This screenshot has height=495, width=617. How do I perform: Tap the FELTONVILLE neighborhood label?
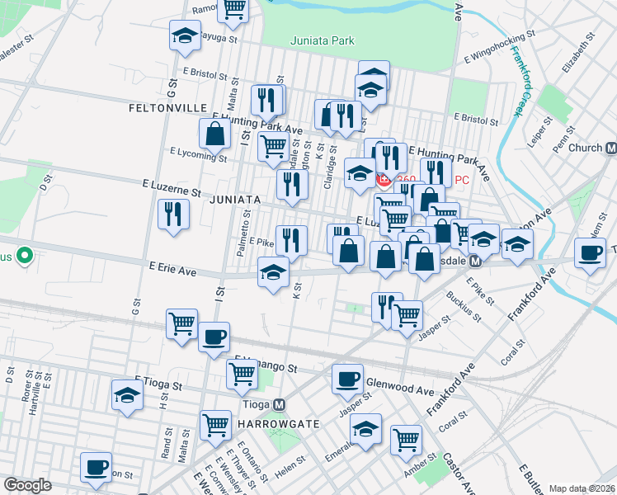pyautogui.click(x=165, y=108)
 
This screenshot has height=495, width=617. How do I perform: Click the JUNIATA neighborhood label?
pyautogui.click(x=235, y=200)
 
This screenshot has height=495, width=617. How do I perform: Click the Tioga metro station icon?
pyautogui.click(x=280, y=405)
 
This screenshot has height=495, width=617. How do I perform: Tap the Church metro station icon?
pyautogui.click(x=611, y=148)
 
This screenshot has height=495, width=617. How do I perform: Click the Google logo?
pyautogui.click(x=27, y=485)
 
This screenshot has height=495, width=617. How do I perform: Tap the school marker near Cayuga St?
pyautogui.click(x=185, y=35)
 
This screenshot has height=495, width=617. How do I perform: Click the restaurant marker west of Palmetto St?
pyautogui.click(x=174, y=214)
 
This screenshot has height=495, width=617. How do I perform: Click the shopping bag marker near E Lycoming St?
pyautogui.click(x=214, y=133)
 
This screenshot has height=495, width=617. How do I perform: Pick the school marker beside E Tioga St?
pyautogui.click(x=127, y=394)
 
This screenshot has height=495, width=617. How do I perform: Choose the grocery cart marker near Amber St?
pyautogui.click(x=407, y=441)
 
